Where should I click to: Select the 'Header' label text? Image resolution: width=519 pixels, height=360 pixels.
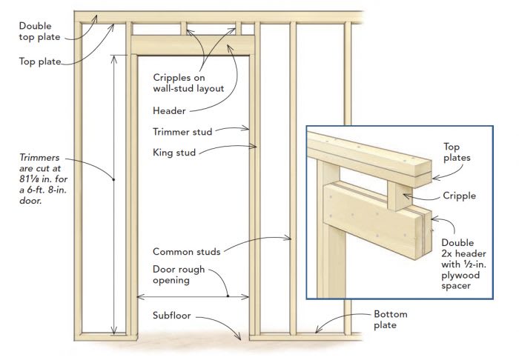pos(168,110)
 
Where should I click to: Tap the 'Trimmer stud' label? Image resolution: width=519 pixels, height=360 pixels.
pos(182,132)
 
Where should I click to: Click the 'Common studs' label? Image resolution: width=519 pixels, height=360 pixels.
pos(186,251)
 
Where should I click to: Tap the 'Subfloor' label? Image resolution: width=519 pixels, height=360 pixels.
pos(172,316)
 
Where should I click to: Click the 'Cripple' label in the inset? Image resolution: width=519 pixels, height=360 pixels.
pos(460,196)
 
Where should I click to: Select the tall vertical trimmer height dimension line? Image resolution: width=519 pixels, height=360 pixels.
pos(113,193)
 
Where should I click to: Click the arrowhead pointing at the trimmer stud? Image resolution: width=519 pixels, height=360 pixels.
pos(247,129)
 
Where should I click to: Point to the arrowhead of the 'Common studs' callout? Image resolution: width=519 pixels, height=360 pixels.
pos(290,238)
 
